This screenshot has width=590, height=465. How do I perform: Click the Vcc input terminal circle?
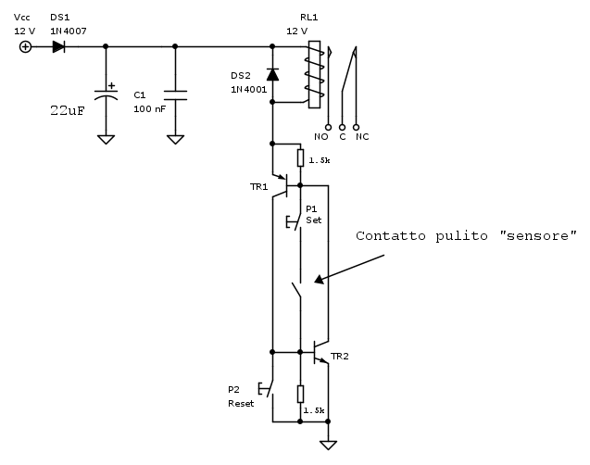tap(25, 46)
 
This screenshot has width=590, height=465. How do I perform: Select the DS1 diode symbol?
tap(59, 46)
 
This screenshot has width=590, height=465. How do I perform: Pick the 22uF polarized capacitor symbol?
tap(107, 94)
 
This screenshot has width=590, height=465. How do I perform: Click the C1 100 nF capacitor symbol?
tap(175, 94)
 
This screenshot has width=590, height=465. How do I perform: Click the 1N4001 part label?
tap(248, 90)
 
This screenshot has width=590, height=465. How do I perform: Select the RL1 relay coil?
tap(315, 74)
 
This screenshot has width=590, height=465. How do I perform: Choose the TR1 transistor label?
tap(258, 187)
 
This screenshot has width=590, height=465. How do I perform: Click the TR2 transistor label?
tap(340, 357)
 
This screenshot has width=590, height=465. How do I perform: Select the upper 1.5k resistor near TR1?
tap(300, 159)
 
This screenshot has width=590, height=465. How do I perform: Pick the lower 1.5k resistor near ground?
tap(300, 394)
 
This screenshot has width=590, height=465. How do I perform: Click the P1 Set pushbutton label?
tap(313, 215)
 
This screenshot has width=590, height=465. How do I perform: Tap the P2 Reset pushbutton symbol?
tap(268, 389)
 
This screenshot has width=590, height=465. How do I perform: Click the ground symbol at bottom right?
tap(328, 445)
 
